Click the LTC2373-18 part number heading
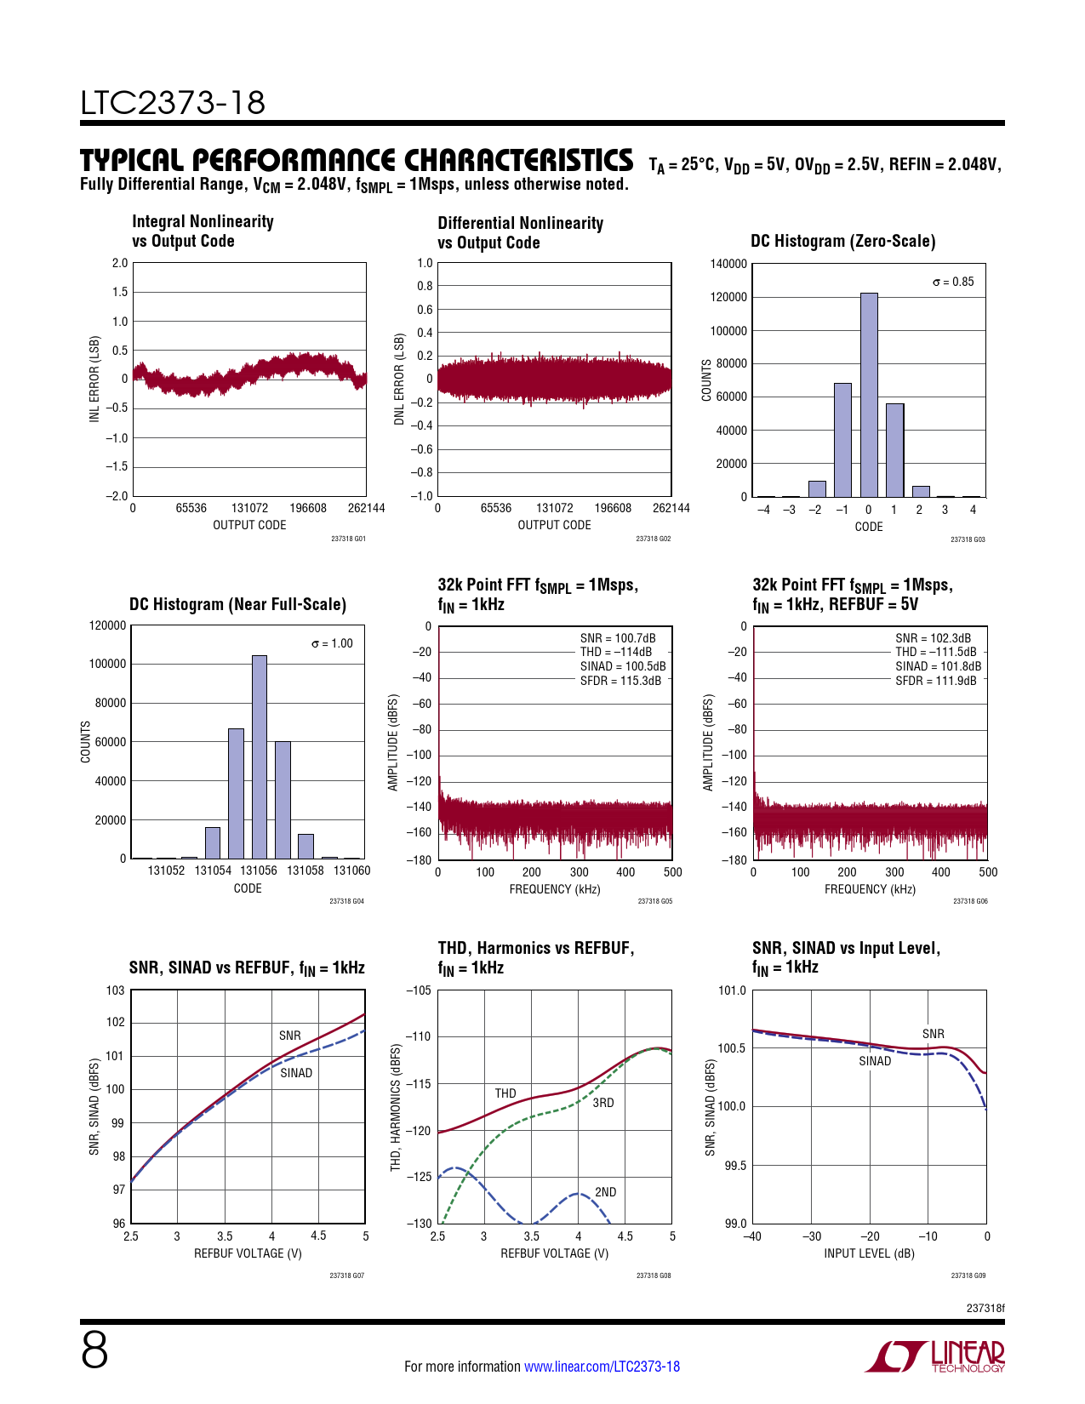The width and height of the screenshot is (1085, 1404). (x=173, y=103)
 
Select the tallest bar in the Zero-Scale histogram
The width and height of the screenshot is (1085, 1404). (x=869, y=395)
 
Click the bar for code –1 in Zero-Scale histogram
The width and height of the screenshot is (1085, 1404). (x=842, y=440)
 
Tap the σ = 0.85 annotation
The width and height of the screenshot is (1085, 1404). (x=953, y=282)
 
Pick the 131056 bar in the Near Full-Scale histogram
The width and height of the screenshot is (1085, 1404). (x=260, y=756)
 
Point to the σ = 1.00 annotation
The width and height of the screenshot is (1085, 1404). (x=332, y=643)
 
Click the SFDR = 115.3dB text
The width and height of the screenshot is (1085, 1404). (x=620, y=681)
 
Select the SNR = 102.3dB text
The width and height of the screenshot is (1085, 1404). (x=933, y=638)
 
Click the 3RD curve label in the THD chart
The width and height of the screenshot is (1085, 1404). (x=603, y=1103)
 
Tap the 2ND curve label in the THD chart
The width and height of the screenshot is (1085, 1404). (x=605, y=1192)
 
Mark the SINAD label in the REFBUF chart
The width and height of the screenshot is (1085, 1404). (x=296, y=1073)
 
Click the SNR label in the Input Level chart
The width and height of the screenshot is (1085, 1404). (x=934, y=1034)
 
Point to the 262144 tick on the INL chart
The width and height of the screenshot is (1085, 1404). (x=366, y=508)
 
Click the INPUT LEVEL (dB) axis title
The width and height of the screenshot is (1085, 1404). (x=869, y=1253)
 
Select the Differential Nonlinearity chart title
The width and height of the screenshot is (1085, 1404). (x=520, y=233)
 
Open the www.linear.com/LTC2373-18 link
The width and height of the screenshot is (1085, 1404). (x=602, y=1367)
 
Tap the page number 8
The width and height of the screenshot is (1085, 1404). (x=94, y=1350)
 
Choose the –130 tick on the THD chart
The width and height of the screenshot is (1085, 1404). (x=419, y=1224)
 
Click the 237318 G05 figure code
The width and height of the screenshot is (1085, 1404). (x=654, y=901)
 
